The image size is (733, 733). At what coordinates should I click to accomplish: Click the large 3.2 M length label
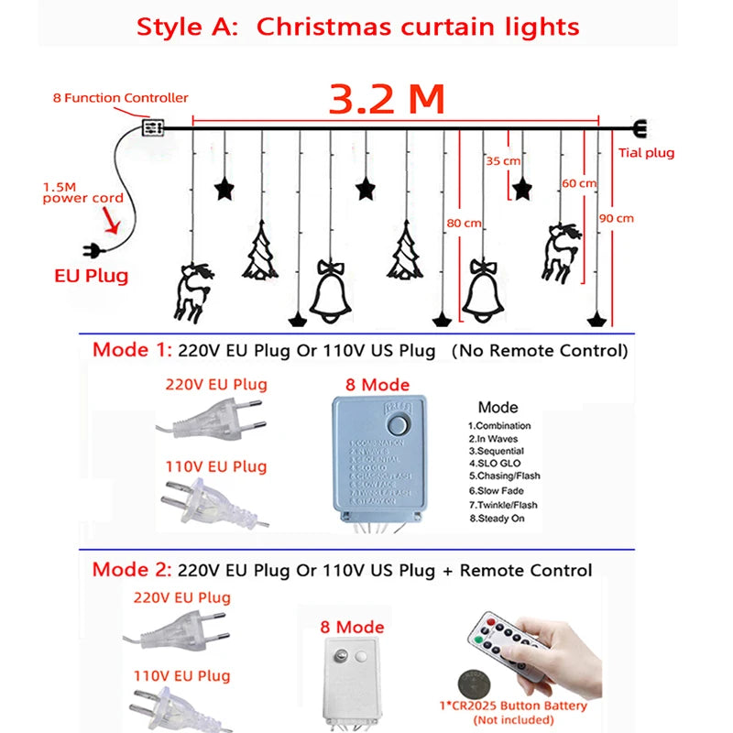click(x=387, y=98)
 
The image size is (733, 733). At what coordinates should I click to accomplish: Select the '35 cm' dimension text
click(x=502, y=161)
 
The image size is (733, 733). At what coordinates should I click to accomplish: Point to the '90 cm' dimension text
click(x=616, y=218)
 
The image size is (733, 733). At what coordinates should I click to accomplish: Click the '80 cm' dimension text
click(x=464, y=223)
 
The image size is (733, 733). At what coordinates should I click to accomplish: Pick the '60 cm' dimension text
click(x=579, y=183)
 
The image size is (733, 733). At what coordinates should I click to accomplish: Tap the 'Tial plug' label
click(x=646, y=153)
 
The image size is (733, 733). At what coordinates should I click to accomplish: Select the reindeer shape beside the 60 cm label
click(x=560, y=249)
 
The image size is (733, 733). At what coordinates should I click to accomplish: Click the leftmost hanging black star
click(x=223, y=189)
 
